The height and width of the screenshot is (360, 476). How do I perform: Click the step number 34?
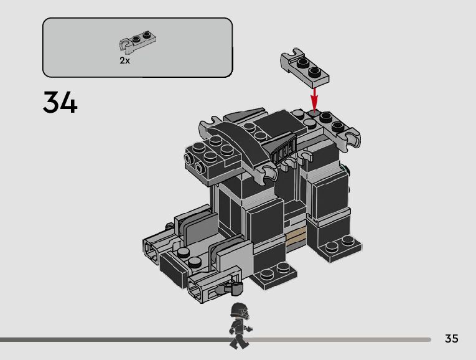(60, 102)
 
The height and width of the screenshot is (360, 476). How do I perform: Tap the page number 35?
(451, 339)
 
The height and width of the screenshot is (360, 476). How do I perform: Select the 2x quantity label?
(124, 61)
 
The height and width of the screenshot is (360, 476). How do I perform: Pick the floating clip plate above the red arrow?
(304, 67)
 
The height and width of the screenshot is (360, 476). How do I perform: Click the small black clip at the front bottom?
(235, 287)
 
